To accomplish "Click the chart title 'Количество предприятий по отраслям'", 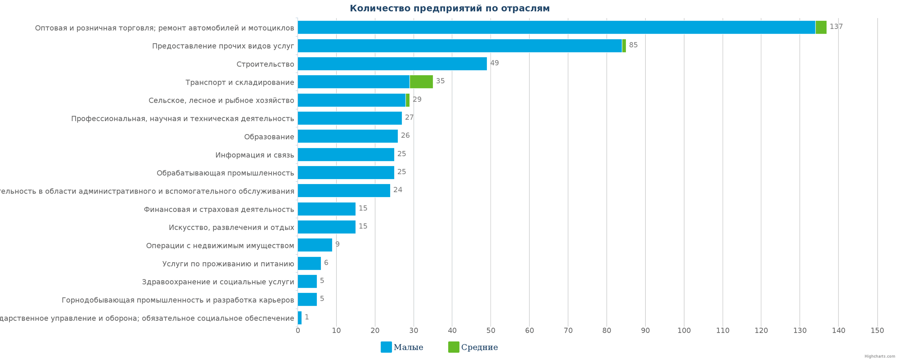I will tap(450, 9).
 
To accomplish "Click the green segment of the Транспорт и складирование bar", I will tap(421, 81).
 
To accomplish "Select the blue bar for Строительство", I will tap(392, 63).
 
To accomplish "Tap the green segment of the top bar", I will tap(821, 27).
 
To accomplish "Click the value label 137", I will tap(836, 27).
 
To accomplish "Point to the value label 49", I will tap(494, 63).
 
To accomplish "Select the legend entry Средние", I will tap(473, 347).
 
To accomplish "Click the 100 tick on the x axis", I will tap(684, 331).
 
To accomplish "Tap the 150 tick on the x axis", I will tap(877, 331).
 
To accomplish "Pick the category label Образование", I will tap(269, 137).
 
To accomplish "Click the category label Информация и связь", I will tap(255, 155).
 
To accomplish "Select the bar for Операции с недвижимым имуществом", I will tap(315, 245).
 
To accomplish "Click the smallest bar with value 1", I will tap(300, 317).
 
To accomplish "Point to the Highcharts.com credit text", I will tap(880, 356).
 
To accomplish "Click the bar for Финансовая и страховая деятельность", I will tap(326, 209).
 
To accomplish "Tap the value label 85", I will tap(633, 45).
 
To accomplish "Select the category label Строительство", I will tap(265, 64).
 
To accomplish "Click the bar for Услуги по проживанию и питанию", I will tap(309, 263).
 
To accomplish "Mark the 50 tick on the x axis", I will tap(490, 331).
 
